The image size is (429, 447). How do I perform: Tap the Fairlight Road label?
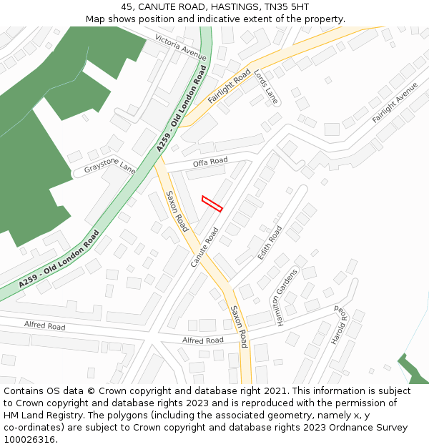[x=229, y=87]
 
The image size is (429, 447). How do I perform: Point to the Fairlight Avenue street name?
[x=395, y=102]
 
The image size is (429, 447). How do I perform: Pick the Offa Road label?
[x=210, y=162]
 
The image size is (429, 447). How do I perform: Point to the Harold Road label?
[x=338, y=326]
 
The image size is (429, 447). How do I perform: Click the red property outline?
[x=212, y=204]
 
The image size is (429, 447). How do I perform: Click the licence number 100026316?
[x=30, y=440]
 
